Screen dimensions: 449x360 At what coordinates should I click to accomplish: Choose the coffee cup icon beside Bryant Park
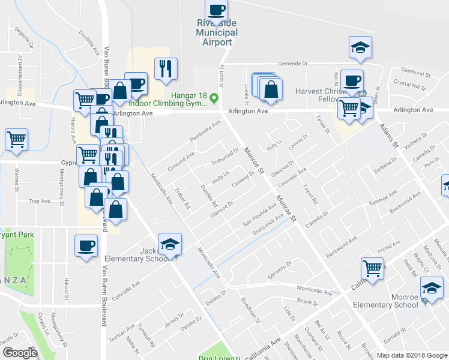click(x=85, y=245)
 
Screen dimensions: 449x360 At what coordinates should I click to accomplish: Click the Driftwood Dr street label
click(x=225, y=157)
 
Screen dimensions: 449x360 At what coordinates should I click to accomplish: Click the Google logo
click(x=20, y=353)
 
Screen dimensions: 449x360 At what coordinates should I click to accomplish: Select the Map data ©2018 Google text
click(x=411, y=355)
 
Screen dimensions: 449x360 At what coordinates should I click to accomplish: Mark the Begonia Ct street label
click(x=27, y=38)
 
